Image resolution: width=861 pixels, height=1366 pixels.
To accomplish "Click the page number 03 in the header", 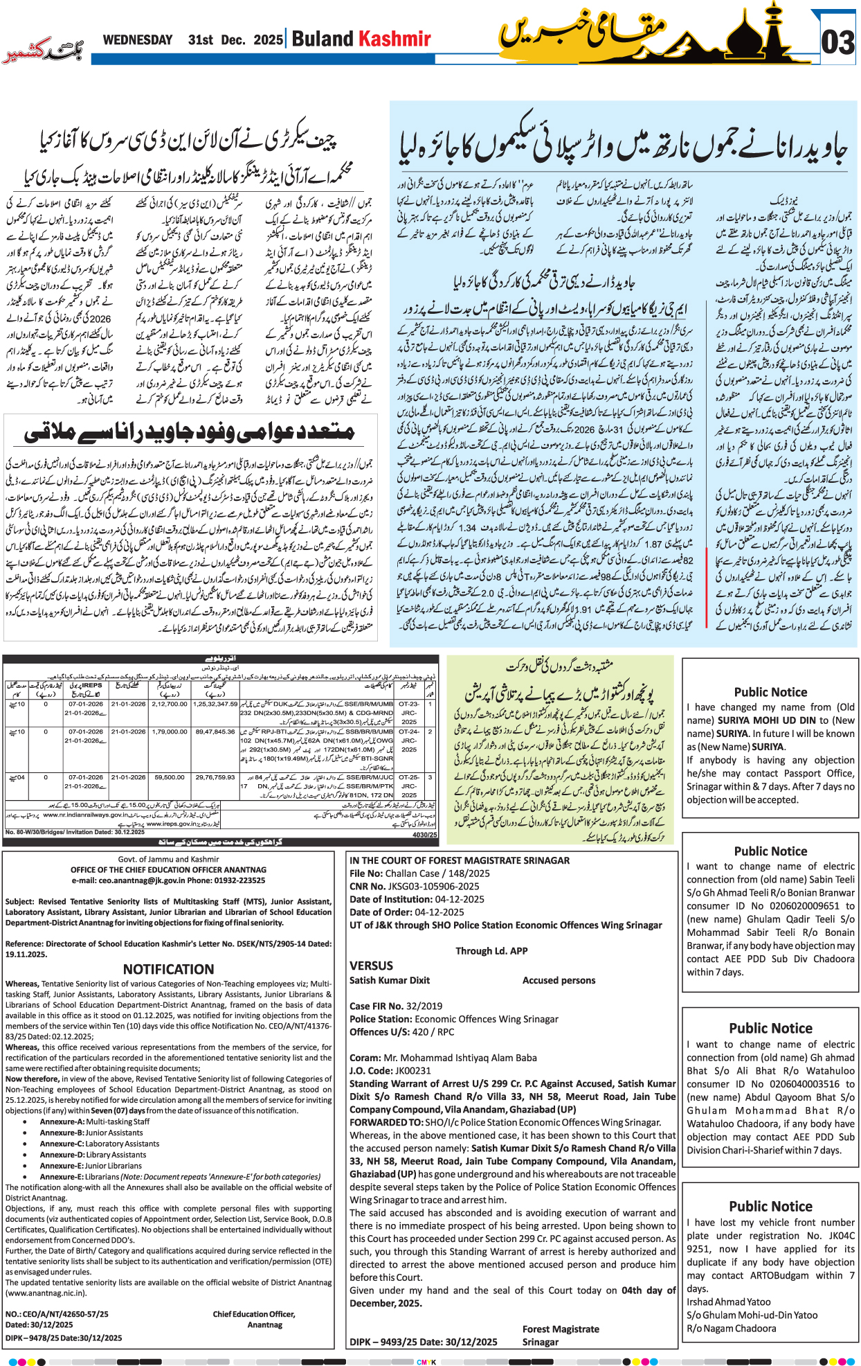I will tap(837, 43).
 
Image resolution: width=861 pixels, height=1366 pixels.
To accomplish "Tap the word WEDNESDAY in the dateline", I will tap(137, 40).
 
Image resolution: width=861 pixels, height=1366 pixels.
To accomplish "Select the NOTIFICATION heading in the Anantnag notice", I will tap(168, 969).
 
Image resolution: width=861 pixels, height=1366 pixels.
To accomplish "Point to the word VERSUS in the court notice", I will tap(371, 966).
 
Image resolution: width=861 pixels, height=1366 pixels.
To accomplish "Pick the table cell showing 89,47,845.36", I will tap(215, 731).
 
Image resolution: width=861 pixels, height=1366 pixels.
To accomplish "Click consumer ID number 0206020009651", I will tap(806, 905).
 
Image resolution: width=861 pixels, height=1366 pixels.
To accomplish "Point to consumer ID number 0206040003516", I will tap(806, 1084).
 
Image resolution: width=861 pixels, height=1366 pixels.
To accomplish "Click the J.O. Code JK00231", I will tap(409, 1070).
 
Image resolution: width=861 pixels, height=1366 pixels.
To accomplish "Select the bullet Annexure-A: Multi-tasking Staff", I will tap(94, 1121).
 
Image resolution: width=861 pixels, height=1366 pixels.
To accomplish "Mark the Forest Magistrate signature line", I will tap(561, 1329).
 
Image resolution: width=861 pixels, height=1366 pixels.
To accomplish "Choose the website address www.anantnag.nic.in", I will tap(46, 1293).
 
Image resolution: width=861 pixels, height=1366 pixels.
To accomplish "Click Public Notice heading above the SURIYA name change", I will tap(770, 692).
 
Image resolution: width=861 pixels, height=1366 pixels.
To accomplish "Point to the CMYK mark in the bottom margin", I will tap(426, 1362).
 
